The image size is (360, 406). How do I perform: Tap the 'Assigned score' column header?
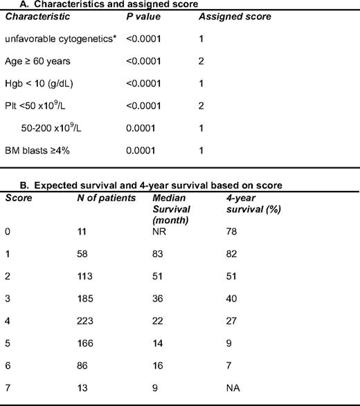(235, 16)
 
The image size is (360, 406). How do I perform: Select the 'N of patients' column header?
(103, 198)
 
